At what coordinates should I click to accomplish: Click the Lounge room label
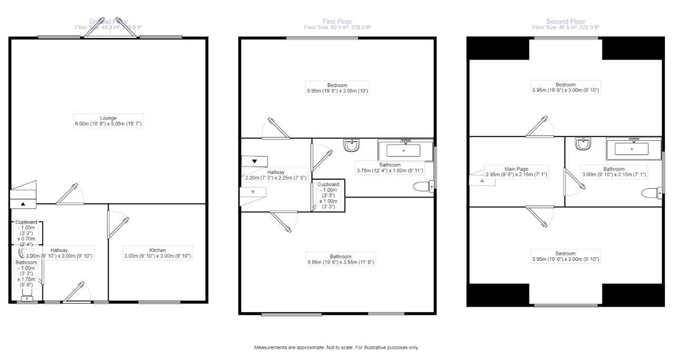tap(109, 121)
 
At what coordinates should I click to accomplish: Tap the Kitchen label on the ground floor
tap(157, 253)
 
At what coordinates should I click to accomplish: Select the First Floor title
tap(337, 22)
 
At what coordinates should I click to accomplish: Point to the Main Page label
tap(517, 171)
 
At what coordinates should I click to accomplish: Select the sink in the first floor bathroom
tap(352, 145)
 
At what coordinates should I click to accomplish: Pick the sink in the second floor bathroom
tap(583, 144)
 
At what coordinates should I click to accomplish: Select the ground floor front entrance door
tap(76, 293)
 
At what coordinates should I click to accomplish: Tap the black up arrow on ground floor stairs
tap(23, 203)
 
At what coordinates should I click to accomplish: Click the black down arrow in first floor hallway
tap(255, 161)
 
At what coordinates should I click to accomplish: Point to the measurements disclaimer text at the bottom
tap(337, 348)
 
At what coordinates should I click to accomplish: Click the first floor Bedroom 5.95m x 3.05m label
tap(337, 88)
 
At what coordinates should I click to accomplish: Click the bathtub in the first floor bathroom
tap(404, 150)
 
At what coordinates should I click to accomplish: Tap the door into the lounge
tap(70, 194)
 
